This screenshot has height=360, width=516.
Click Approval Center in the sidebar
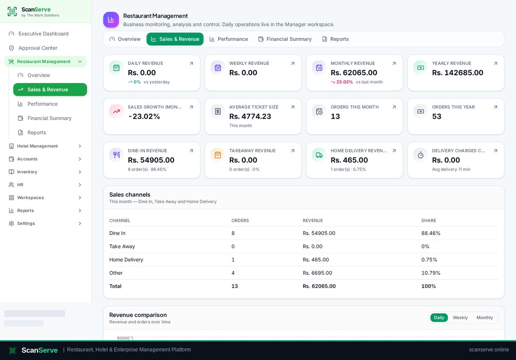click(38, 48)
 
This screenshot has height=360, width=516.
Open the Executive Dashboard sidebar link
click(43, 34)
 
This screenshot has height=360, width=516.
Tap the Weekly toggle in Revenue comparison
click(460, 317)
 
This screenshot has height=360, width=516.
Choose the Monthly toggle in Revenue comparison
click(485, 317)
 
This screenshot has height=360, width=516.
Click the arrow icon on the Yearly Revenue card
click(495, 63)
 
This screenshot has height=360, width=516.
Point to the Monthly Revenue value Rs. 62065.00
click(354, 73)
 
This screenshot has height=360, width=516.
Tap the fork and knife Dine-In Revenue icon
click(117, 155)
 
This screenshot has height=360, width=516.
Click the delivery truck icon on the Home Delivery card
click(319, 155)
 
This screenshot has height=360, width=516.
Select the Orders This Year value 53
click(436, 117)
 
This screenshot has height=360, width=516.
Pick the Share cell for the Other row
click(431, 273)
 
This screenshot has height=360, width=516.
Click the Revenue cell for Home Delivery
click(316, 259)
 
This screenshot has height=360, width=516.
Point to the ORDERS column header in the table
click(240, 221)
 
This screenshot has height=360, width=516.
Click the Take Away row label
click(122, 246)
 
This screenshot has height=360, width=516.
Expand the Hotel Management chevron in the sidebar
click(80, 146)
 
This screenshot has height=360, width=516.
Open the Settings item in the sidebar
click(26, 223)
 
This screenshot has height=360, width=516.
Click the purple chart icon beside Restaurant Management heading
click(111, 20)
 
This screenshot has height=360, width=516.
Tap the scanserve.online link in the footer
click(489, 350)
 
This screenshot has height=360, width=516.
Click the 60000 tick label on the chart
click(123, 338)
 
